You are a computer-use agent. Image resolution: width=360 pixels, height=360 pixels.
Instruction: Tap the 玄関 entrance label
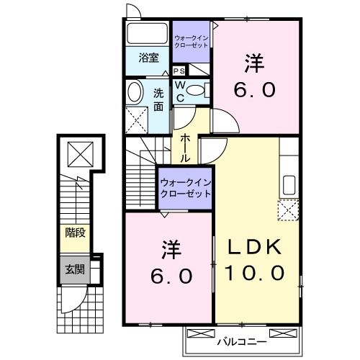click(75, 270)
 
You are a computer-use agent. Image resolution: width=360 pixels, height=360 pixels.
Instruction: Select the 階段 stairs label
click(75, 233)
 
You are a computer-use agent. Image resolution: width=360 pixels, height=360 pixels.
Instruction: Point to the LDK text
click(255, 247)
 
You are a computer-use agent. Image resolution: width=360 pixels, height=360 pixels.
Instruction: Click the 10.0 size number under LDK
click(255, 274)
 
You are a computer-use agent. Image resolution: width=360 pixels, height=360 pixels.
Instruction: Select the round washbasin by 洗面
click(135, 93)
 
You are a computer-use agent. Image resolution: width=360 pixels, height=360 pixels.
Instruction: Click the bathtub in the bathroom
click(148, 35)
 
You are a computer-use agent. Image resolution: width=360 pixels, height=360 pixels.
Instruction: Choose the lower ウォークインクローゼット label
click(185, 188)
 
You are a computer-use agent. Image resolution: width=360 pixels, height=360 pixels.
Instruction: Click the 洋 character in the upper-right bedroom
click(253, 64)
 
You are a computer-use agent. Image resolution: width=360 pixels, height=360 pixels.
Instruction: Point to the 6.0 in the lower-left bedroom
click(171, 276)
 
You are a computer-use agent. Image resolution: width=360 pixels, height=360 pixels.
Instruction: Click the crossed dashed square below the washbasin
click(135, 118)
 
